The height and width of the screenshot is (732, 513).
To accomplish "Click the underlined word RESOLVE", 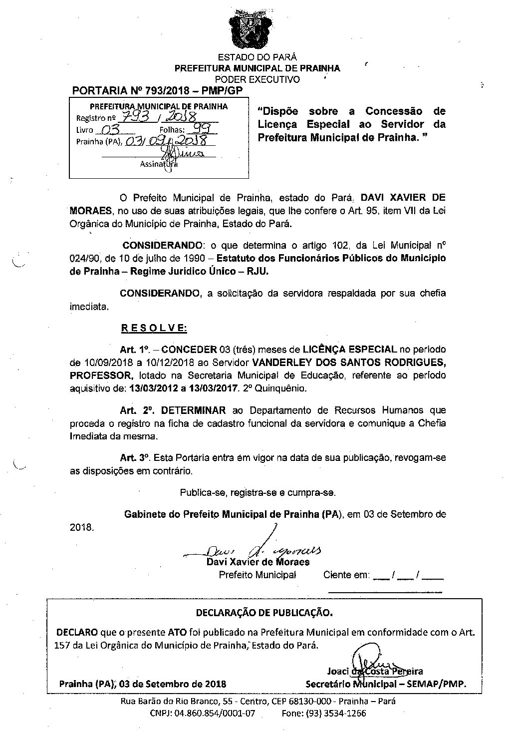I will click(154, 328).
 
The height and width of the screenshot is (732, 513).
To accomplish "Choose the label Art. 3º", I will click(135, 457).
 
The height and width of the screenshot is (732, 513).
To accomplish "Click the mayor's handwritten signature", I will click(259, 550).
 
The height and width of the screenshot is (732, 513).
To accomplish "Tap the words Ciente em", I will click(346, 575).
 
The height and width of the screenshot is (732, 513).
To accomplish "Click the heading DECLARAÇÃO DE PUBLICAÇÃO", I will click(264, 612).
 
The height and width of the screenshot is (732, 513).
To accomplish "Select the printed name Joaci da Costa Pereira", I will click(375, 671).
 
